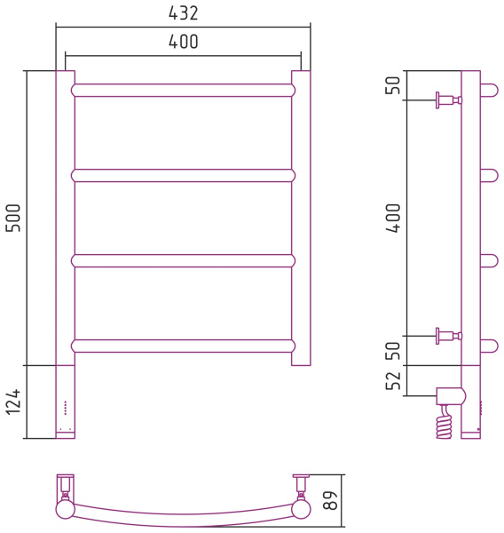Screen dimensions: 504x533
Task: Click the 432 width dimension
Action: coord(183,13)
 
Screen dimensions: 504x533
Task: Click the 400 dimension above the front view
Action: coord(183,42)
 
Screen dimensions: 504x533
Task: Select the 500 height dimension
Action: coord(13,218)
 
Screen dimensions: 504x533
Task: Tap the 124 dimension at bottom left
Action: coord(13,402)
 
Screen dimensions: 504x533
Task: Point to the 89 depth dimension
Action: coord(330,500)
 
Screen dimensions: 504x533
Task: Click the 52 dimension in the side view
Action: coord(393,381)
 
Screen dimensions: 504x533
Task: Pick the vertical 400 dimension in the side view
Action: coord(393,218)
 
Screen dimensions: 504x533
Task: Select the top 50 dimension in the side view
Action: coord(393,85)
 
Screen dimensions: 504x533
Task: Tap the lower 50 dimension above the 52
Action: coord(393,351)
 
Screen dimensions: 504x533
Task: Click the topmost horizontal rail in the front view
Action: coord(183,90)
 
